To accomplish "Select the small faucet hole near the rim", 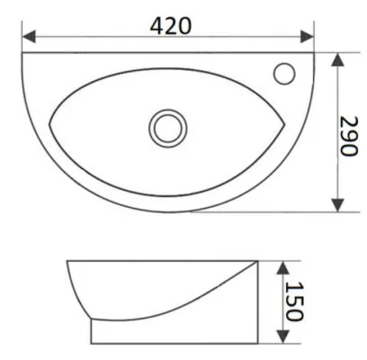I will point(287,71).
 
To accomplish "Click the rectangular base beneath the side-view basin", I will point(171,333).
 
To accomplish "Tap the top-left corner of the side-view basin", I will point(68,262).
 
